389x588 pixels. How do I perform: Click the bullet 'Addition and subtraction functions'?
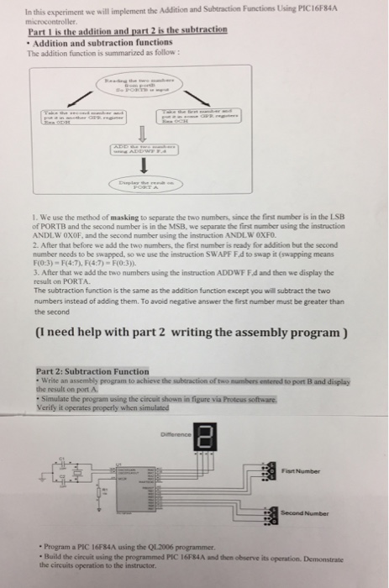tap(96, 40)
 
